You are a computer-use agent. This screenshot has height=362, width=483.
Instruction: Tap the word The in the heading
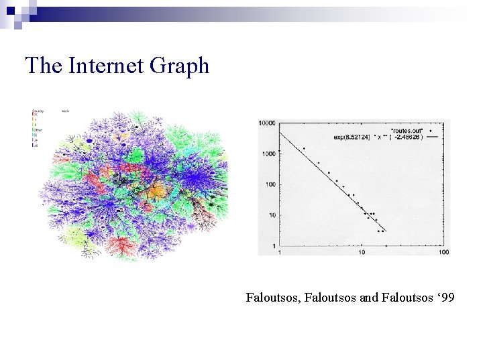click(43, 66)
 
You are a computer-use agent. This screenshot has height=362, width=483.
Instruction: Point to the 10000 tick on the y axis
click(268, 123)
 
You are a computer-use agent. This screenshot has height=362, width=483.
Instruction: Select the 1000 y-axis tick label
click(270, 154)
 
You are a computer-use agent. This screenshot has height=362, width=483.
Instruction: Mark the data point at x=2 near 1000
click(304, 149)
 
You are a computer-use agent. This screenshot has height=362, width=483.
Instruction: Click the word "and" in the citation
click(369, 296)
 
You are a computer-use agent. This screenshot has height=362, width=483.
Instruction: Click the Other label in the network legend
click(38, 131)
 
